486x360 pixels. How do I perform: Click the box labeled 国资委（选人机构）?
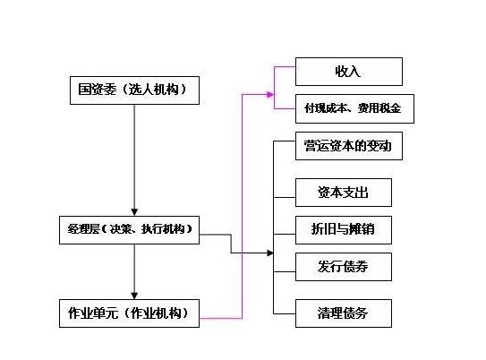(x=132, y=89)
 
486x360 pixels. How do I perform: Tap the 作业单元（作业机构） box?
(x=129, y=313)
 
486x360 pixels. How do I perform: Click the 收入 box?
(x=349, y=71)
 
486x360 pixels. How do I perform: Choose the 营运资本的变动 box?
(x=348, y=146)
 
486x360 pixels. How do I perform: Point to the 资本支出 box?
(x=344, y=192)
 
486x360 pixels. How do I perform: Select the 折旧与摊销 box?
(x=344, y=229)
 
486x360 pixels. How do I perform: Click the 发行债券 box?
(x=344, y=266)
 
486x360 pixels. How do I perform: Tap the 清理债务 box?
(x=344, y=313)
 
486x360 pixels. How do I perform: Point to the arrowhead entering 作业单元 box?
(x=132, y=293)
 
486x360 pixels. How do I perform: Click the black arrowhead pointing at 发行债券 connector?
(x=270, y=253)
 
